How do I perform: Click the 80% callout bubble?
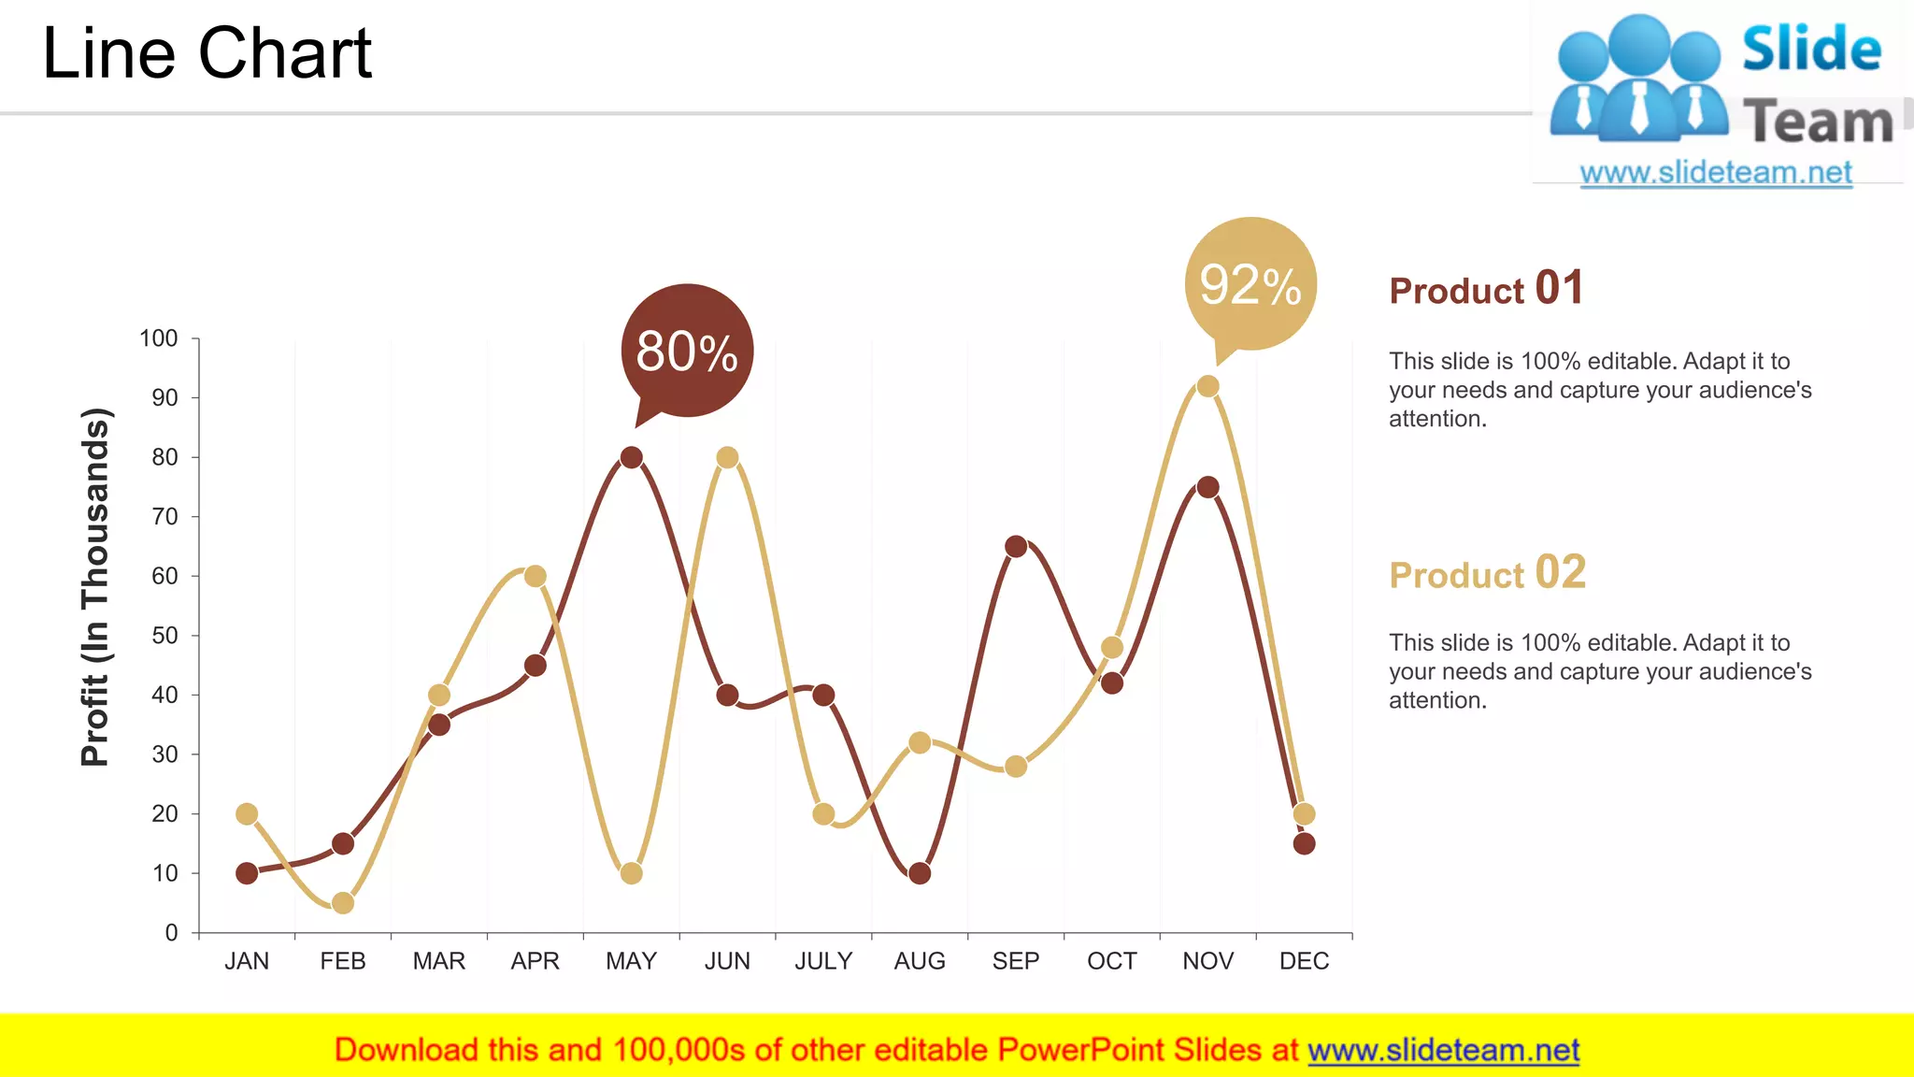[x=687, y=351]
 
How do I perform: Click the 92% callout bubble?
[x=1250, y=284]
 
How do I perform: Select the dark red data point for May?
[x=632, y=457]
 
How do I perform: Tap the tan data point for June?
[x=727, y=457]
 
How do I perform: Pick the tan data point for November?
[x=1207, y=386]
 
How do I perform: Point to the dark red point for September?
[x=1016, y=546]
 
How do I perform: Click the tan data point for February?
[x=343, y=903]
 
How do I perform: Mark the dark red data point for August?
[x=920, y=873]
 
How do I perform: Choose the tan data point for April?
[x=536, y=576]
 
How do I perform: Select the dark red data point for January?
[x=247, y=873]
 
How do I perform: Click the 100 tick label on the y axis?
[x=158, y=338]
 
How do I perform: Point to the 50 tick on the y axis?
[x=164, y=636]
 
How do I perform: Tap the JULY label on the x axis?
[x=823, y=961]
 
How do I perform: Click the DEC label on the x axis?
[x=1304, y=961]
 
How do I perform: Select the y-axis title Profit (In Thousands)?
[x=95, y=587]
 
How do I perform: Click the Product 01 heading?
[x=1486, y=289]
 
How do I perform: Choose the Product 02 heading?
[x=1487, y=573]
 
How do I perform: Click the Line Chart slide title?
[x=207, y=53]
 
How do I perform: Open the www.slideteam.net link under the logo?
[x=1716, y=172]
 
